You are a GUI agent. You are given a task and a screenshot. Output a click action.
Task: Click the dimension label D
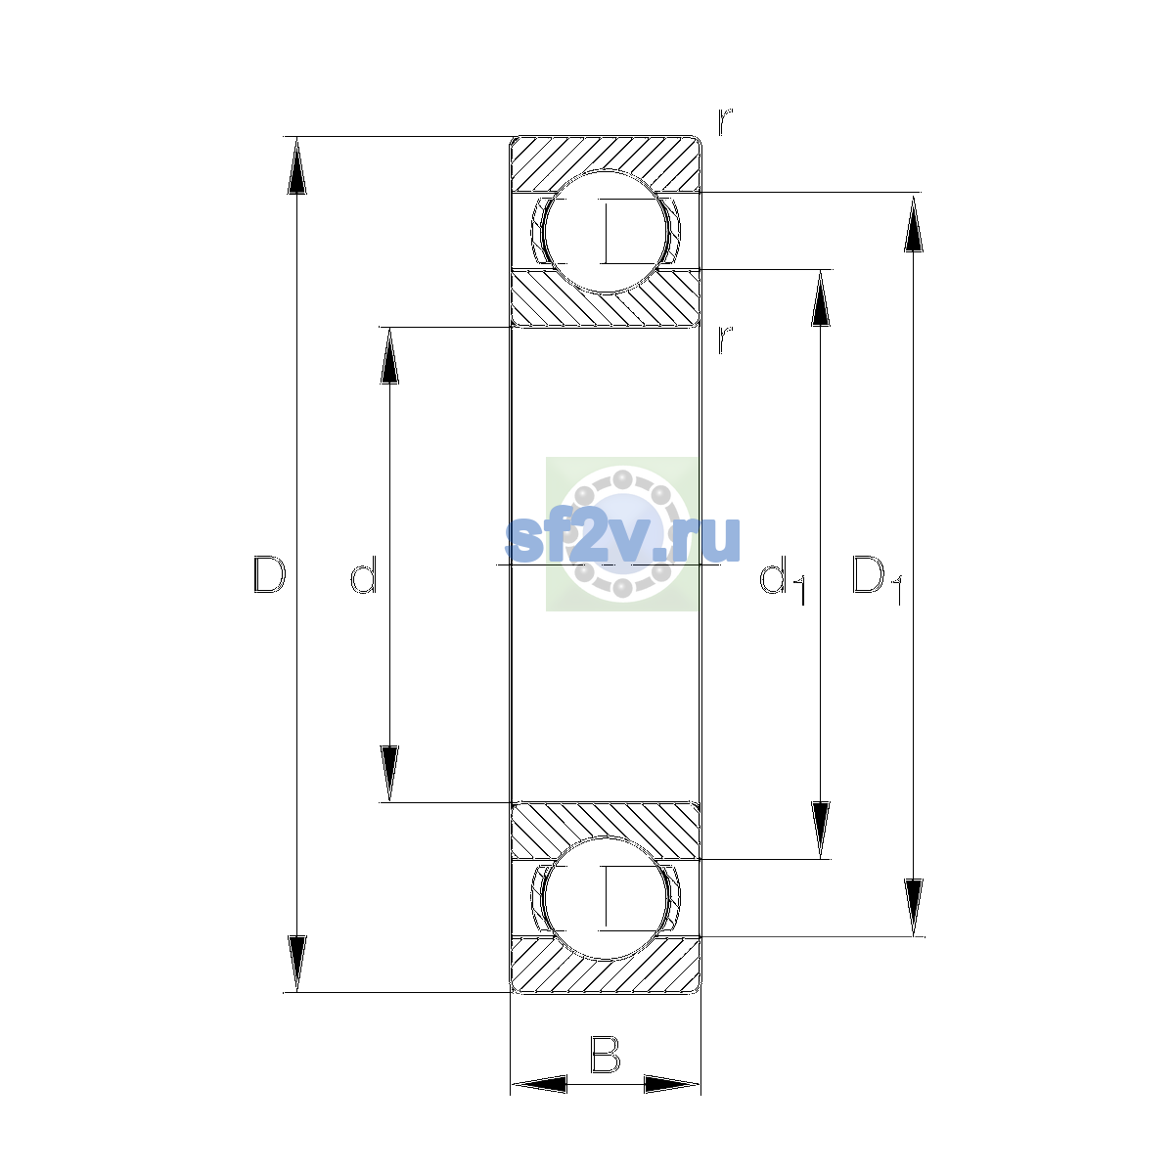tap(269, 574)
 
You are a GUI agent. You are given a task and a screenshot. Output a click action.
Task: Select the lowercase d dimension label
tap(364, 574)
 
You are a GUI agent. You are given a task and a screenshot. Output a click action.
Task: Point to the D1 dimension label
tap(877, 579)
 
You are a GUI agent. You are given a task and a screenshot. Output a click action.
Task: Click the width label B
tap(605, 1055)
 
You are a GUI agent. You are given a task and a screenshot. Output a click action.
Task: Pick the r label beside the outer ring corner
tap(724, 121)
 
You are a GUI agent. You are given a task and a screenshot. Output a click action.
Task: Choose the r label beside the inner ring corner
tap(724, 339)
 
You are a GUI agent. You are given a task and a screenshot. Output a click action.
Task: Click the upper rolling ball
tap(605, 232)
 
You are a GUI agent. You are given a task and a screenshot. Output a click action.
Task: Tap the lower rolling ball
tap(605, 898)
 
